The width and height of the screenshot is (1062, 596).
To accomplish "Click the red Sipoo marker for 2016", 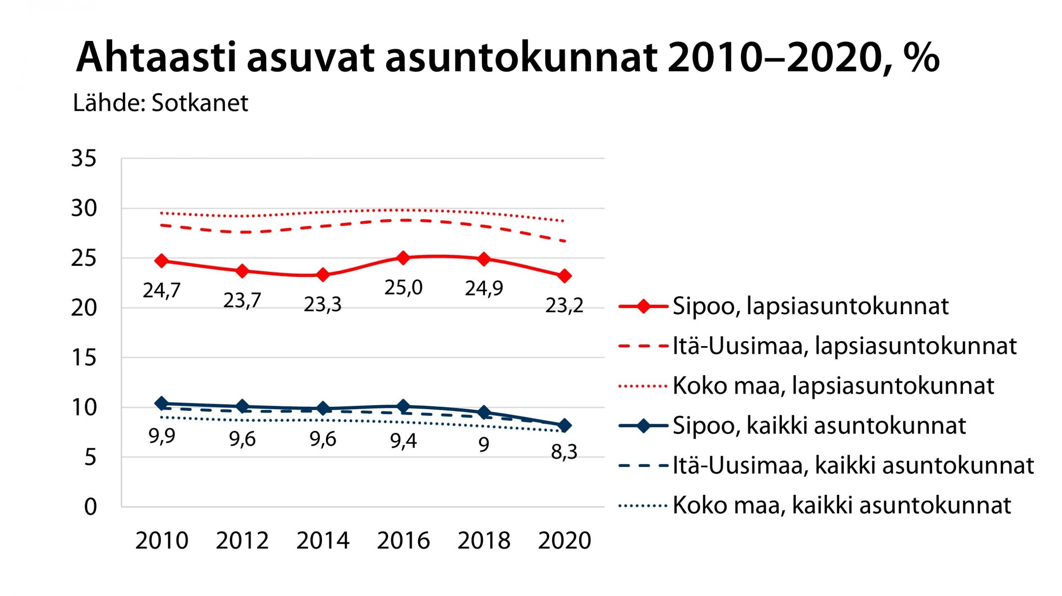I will point(403,258).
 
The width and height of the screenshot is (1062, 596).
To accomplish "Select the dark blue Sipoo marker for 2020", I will point(564,425).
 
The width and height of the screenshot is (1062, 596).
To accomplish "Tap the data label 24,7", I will point(161,290).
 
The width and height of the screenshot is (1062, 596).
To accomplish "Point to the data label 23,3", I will point(322,305).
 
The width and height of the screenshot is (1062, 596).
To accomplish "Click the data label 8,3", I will point(564,452).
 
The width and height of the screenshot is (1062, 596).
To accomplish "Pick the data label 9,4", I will point(403,441).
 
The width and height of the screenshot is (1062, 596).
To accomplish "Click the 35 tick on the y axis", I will point(84,159).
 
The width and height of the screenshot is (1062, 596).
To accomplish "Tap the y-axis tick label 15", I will point(84,358).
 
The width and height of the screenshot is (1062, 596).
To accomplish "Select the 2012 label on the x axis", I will point(242,540).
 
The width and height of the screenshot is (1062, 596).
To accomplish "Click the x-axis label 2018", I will point(484,540).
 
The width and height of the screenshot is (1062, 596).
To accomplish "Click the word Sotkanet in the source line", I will point(200,103).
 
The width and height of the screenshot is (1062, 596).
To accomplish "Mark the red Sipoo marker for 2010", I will point(161,261).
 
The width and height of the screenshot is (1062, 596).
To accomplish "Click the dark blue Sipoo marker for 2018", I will point(484,413).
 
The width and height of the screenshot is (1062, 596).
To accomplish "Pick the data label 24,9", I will point(484,288).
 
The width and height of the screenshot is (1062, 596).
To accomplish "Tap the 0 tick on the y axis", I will point(90,507).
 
